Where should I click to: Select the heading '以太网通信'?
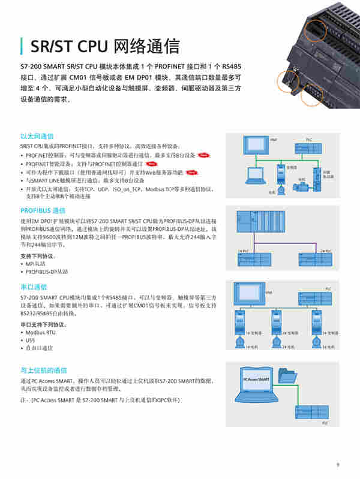37,136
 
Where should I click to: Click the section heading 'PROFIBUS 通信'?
43,210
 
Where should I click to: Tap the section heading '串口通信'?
33,287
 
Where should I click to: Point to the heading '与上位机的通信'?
44,370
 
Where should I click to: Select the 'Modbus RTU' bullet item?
40,332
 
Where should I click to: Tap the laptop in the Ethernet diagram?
254,176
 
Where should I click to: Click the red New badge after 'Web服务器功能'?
191,172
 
